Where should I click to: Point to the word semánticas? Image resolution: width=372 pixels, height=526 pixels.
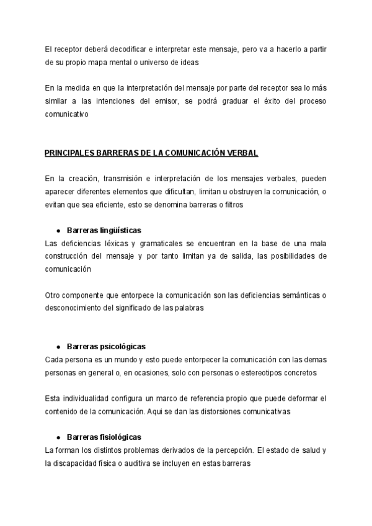point(299,295)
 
